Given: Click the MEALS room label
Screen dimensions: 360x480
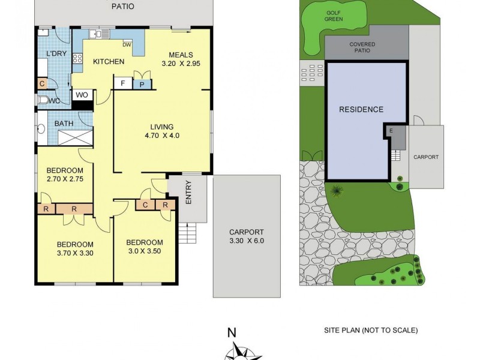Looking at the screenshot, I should tap(181, 55).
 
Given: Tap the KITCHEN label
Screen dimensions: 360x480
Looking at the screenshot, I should tap(108, 62).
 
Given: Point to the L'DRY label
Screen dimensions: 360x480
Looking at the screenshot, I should tap(56, 55).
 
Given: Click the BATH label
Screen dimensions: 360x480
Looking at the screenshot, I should tap(64, 124).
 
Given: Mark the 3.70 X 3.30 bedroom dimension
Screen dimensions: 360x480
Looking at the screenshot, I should tap(75, 254).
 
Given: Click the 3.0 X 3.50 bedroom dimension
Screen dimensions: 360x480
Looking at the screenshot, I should tap(144, 251).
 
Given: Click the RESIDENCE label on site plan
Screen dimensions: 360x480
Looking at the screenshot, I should tap(361, 110).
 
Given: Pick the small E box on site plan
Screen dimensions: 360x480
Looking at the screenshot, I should tap(391, 130).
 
